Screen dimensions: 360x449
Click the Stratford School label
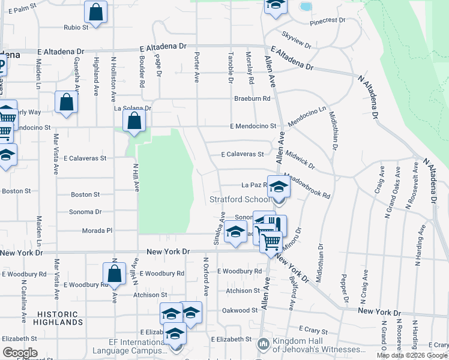click(x=240, y=199)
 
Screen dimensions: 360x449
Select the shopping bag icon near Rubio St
click(x=95, y=11)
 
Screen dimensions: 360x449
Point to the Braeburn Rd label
click(x=252, y=98)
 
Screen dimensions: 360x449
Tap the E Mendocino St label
click(x=252, y=127)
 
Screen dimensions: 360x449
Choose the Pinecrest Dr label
click(x=327, y=21)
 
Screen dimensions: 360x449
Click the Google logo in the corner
click(x=20, y=352)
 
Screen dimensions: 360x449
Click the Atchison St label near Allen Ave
click(x=243, y=291)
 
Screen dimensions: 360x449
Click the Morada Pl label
click(x=97, y=230)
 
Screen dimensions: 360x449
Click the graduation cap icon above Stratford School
click(x=279, y=187)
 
